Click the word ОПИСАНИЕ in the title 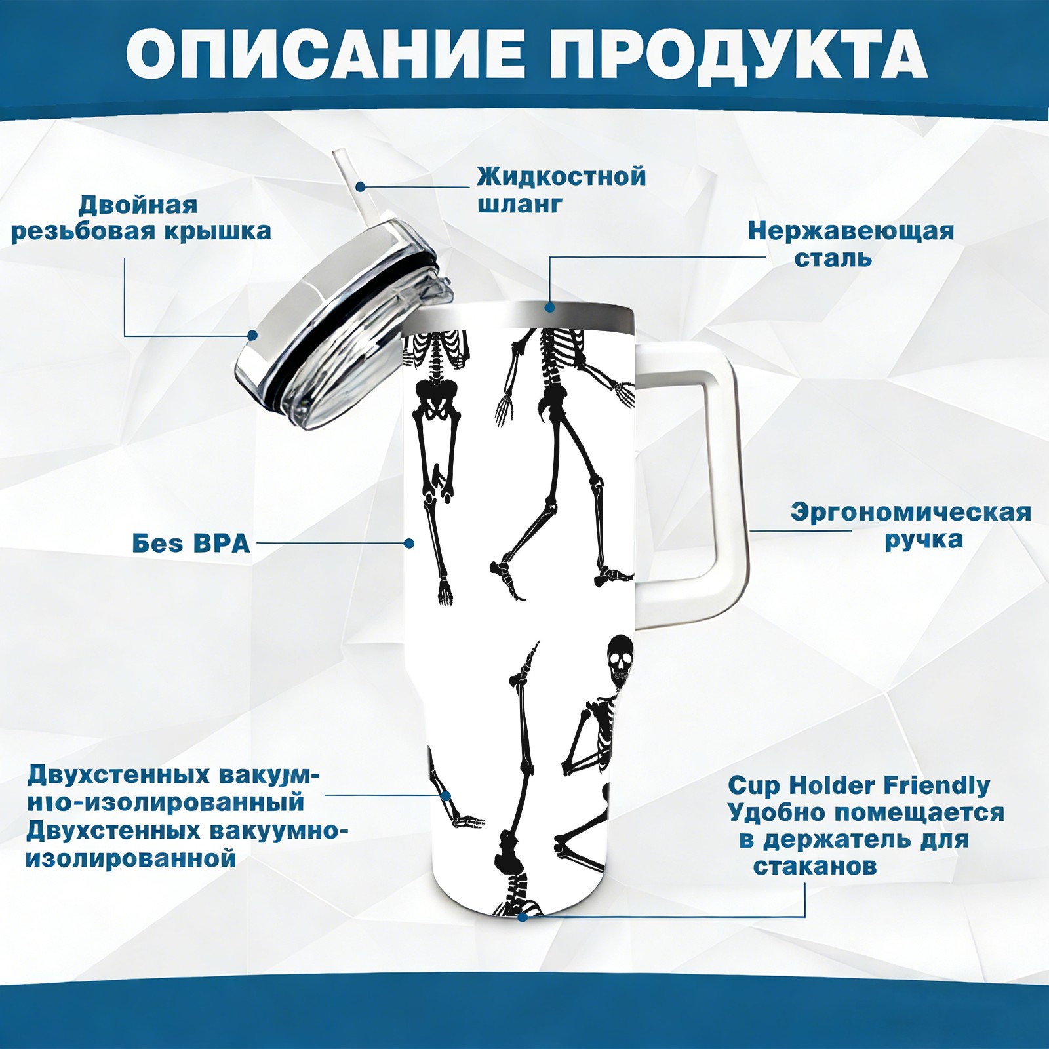[325, 54]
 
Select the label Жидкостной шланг [561, 190]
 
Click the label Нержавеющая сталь [851, 244]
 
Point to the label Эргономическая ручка [911, 526]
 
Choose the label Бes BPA [191, 544]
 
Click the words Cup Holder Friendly [859, 785]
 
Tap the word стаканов [814, 866]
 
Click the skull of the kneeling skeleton [620, 659]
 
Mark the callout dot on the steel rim [549, 307]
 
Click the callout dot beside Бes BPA [409, 544]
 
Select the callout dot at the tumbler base [523, 917]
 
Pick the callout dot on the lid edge [252, 336]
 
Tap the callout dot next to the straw [361, 187]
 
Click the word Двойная [138, 205]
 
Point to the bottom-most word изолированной [130, 858]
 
